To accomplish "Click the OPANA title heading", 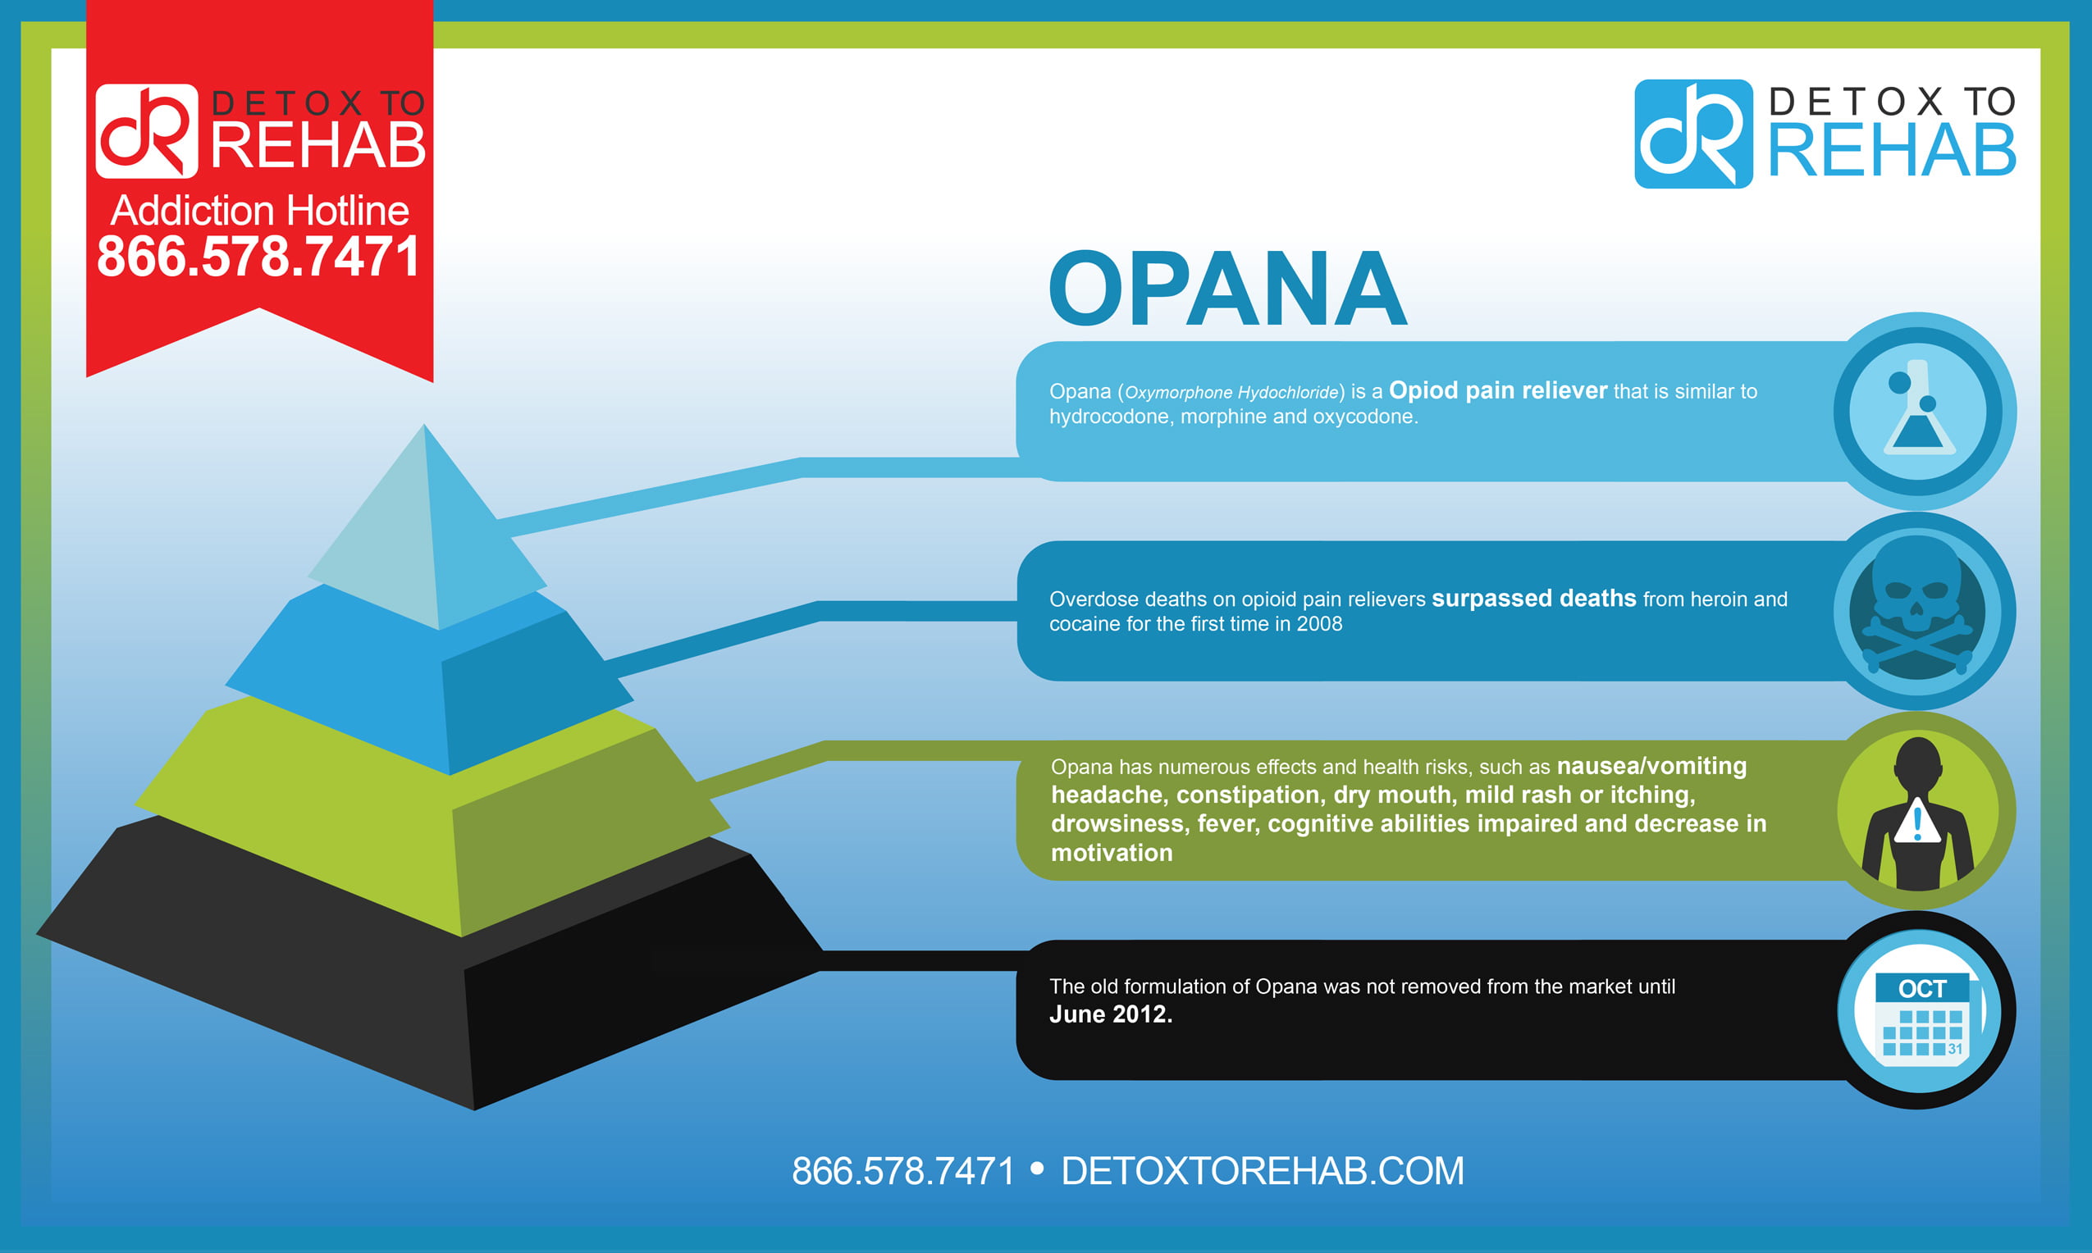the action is [x=1228, y=288].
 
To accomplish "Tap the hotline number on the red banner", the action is [x=258, y=256].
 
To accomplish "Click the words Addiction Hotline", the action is [x=260, y=210].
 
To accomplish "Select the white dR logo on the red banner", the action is [x=147, y=131].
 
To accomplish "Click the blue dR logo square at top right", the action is [x=1693, y=134].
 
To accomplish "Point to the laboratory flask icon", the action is [x=1918, y=408].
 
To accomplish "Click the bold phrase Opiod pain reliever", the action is [x=1497, y=390].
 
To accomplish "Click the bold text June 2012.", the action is [x=1111, y=1014].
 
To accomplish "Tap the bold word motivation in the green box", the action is [x=1112, y=853].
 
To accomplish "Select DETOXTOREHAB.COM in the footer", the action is [x=1262, y=1171].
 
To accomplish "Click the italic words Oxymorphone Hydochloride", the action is [x=1231, y=393].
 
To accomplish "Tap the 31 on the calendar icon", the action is [x=1955, y=1049].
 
